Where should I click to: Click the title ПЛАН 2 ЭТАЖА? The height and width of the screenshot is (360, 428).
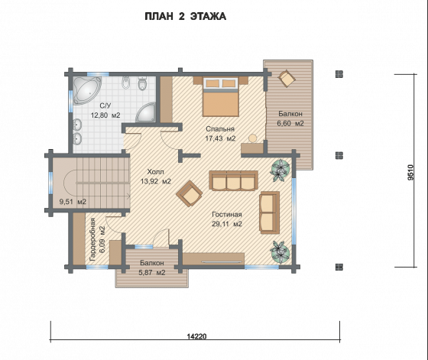(185, 16)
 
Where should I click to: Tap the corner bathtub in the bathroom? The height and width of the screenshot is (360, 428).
(85, 89)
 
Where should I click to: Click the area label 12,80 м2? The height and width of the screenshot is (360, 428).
(105, 115)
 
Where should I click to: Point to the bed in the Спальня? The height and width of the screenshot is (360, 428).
(221, 96)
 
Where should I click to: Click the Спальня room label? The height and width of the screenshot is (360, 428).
(220, 129)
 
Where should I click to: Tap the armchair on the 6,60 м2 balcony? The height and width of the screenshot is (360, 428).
(287, 78)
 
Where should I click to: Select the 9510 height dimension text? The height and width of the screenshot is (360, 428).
(411, 172)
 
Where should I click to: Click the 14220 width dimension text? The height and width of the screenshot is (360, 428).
(197, 336)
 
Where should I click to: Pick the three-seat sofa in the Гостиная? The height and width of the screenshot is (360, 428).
(233, 180)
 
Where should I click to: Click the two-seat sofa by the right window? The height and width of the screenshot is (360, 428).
(270, 212)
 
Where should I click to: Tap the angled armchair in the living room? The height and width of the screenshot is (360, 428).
(190, 193)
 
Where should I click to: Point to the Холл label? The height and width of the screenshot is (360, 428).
(156, 172)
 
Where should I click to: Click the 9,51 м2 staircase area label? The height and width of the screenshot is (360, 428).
(73, 202)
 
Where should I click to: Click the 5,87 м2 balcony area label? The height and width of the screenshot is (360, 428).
(152, 272)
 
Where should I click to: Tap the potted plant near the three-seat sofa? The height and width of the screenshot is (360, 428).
(280, 170)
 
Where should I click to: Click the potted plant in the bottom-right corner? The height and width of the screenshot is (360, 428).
(280, 251)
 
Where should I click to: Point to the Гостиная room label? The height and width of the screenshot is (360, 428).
(227, 215)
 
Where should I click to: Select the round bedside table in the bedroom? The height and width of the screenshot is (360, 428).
(253, 138)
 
